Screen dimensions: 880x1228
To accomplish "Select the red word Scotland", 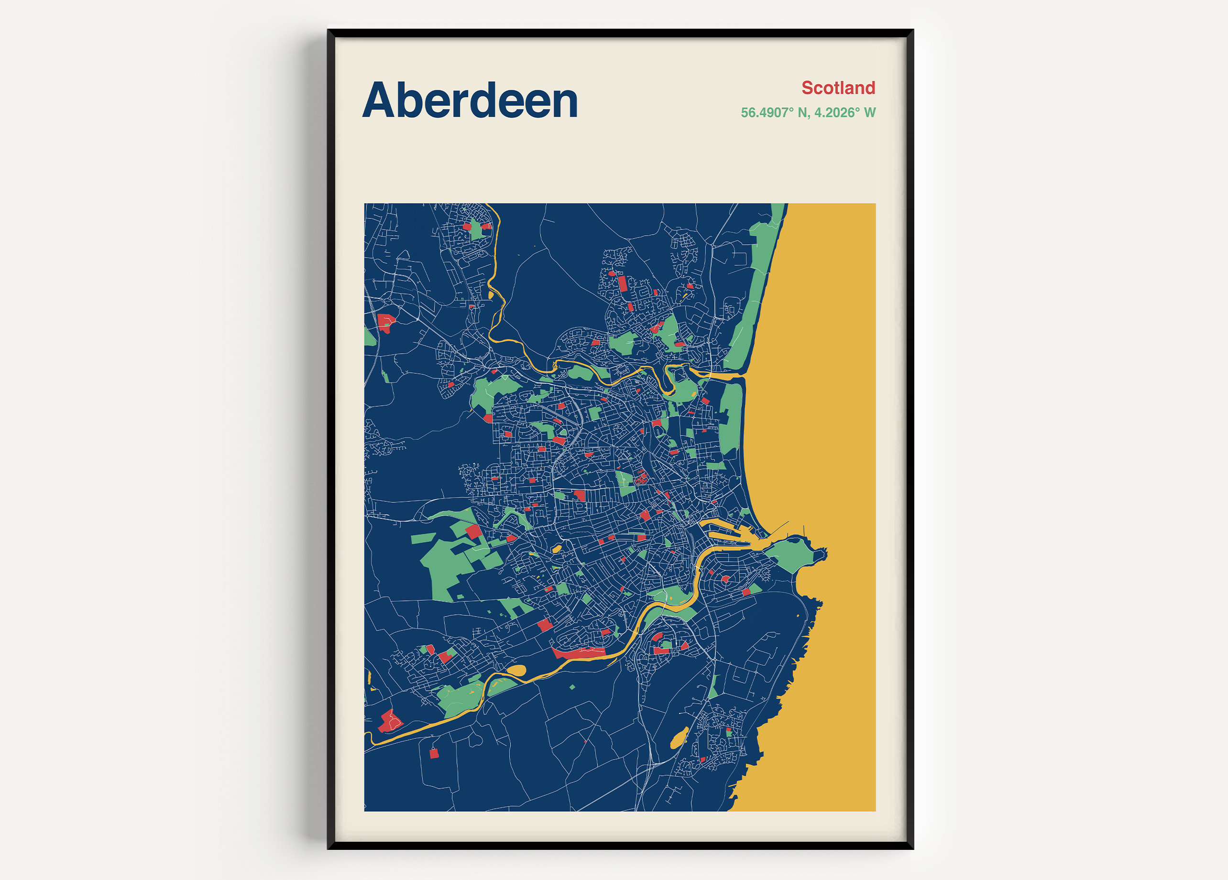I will pyautogui.click(x=838, y=87).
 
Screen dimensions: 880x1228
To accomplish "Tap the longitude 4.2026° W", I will pyautogui.click(x=844, y=113).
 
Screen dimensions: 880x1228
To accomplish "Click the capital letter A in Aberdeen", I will pyautogui.click(x=377, y=101).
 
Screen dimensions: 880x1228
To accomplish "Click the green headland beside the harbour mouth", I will pyautogui.click(x=791, y=555).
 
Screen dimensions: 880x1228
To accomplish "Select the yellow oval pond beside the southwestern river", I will pyautogui.click(x=516, y=671).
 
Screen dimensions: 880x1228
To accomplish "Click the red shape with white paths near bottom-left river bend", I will pyautogui.click(x=389, y=721).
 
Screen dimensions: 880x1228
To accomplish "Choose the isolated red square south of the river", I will pyautogui.click(x=434, y=753).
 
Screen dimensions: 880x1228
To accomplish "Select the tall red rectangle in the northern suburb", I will pyautogui.click(x=623, y=283).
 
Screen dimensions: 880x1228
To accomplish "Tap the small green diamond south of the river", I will pyautogui.click(x=572, y=687).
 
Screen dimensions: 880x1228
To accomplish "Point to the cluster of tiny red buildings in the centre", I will pyautogui.click(x=642, y=477).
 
